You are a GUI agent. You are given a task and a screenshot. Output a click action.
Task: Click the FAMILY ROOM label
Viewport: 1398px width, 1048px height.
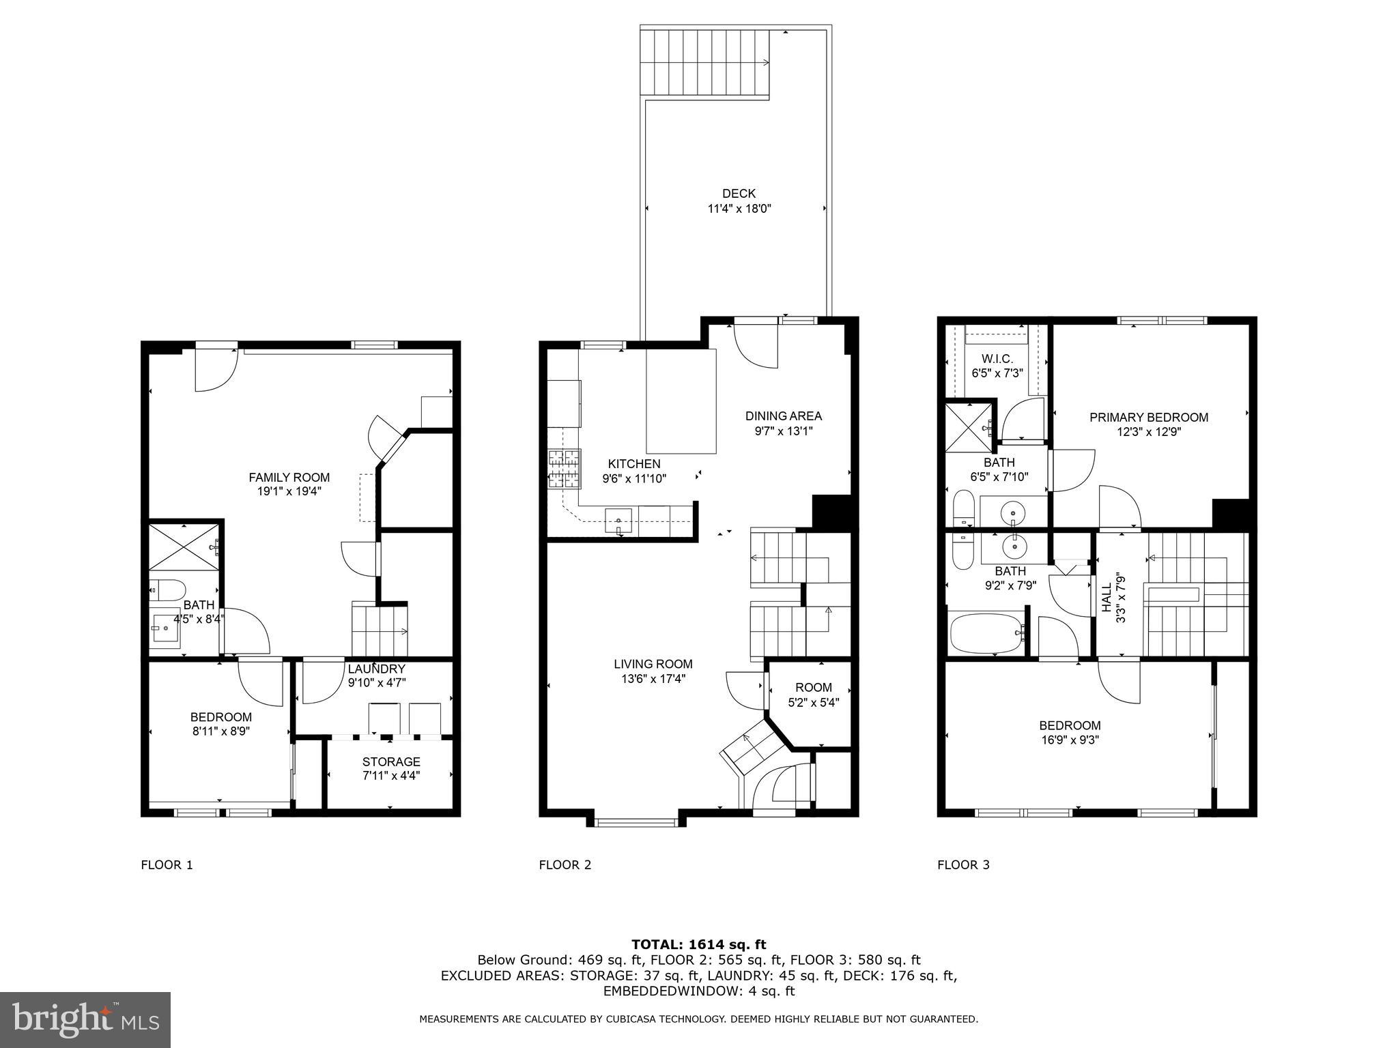click(289, 478)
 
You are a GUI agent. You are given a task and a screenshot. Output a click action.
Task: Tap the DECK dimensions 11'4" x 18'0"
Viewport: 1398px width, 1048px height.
click(739, 209)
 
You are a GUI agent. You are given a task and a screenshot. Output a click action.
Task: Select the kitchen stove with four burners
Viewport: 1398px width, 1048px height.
click(564, 469)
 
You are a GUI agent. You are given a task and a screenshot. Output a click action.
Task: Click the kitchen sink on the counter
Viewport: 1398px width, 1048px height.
click(619, 523)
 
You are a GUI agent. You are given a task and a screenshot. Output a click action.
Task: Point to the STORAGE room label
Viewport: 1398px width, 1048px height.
click(390, 761)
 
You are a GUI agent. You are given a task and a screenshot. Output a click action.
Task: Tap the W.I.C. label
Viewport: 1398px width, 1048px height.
click(997, 359)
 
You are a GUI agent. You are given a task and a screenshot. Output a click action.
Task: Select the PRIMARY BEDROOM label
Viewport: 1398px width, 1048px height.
click(1148, 417)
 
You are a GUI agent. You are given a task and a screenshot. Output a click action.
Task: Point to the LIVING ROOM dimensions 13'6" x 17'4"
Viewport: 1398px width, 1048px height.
click(653, 678)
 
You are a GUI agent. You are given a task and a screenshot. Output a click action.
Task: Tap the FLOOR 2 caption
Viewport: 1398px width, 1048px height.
click(565, 865)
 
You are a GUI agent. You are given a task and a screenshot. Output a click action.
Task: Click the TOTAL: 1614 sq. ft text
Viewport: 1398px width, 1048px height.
click(698, 944)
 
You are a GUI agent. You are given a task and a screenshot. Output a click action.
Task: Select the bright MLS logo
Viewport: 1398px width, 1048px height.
click(85, 1020)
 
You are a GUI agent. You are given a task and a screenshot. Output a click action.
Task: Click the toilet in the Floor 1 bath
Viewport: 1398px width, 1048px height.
click(168, 589)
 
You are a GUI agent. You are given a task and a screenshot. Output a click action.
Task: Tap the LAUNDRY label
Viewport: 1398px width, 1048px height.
click(376, 669)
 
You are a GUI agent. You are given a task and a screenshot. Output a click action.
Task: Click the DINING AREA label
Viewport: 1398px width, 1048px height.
click(783, 416)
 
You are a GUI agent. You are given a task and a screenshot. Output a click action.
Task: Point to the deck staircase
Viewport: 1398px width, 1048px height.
click(704, 63)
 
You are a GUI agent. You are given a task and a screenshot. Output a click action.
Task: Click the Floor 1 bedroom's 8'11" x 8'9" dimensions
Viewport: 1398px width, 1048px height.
click(220, 731)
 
